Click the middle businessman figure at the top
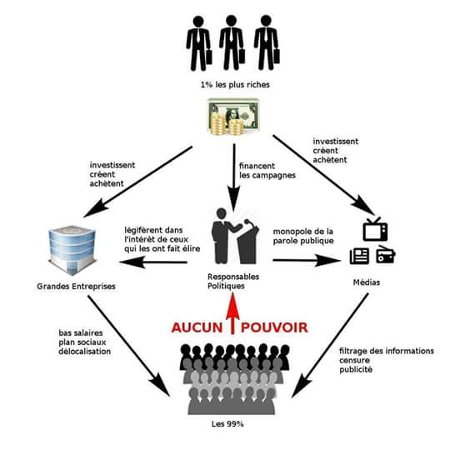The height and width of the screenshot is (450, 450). pyautogui.click(x=231, y=42)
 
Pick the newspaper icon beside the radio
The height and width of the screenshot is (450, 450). pyautogui.click(x=360, y=256)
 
